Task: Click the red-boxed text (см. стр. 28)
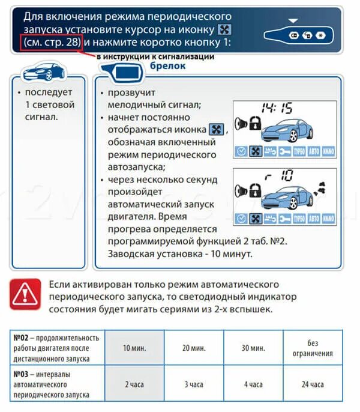[x=50, y=43]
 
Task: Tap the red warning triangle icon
[x=25, y=294]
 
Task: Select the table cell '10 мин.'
[x=134, y=348]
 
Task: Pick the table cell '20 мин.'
[x=194, y=348]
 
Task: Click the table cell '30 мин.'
[x=253, y=348]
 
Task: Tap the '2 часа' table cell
[x=134, y=384]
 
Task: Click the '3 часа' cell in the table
[x=194, y=384]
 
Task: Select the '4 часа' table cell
[x=253, y=384]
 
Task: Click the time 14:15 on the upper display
[x=277, y=109]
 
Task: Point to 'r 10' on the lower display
[x=280, y=175]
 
